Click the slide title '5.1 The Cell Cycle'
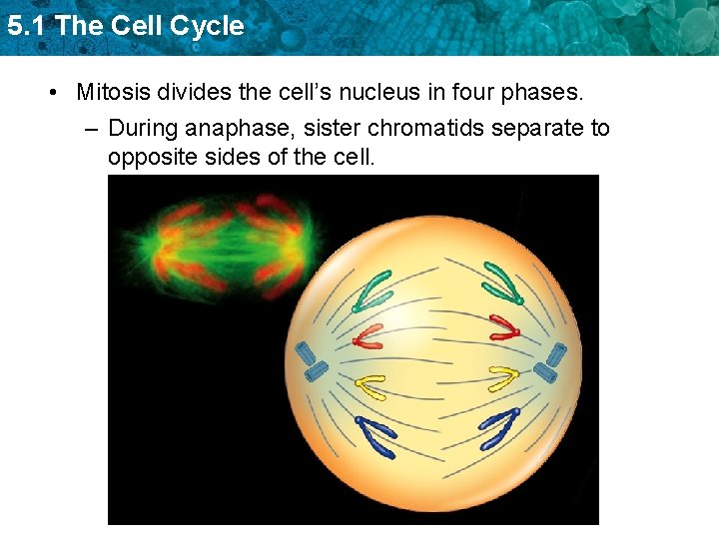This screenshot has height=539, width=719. point(125,26)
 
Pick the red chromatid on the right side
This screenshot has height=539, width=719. point(504,328)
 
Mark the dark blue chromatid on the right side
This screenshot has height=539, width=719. point(499,426)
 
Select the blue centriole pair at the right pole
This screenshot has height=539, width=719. point(551,362)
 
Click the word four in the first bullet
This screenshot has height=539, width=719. point(485,93)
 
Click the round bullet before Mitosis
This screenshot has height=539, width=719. point(52,93)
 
